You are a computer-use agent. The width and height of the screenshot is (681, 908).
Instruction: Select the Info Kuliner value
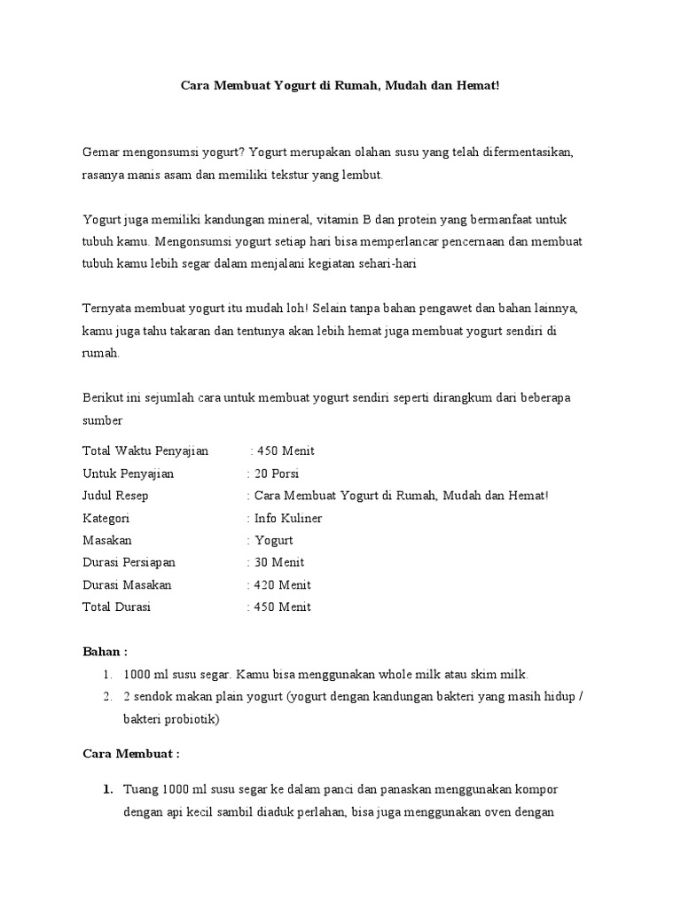point(288,518)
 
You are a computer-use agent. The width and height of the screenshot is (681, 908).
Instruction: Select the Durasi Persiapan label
point(129,562)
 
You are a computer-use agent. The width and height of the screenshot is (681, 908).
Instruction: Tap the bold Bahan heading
point(105,652)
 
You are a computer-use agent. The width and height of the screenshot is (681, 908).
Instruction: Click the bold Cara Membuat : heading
point(131,754)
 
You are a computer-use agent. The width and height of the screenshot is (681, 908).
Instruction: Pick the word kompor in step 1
point(538,788)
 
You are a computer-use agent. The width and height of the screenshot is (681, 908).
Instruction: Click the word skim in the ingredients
point(490,675)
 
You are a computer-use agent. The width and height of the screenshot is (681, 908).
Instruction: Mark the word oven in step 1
point(504,810)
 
